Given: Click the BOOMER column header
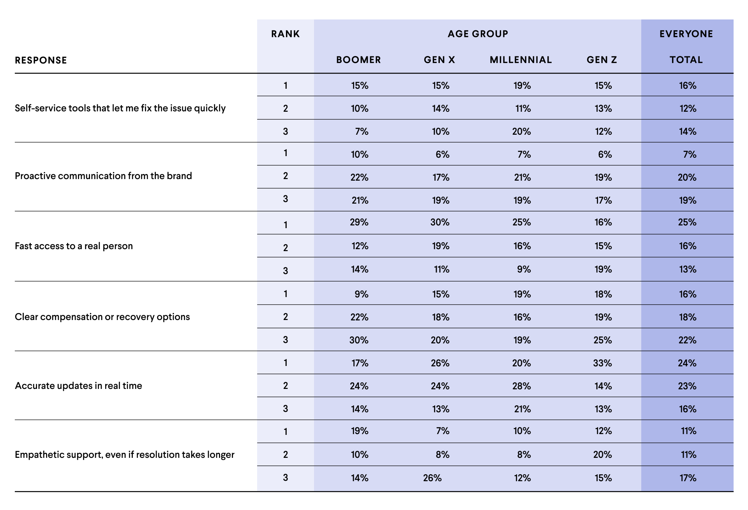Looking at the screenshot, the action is coord(358,60).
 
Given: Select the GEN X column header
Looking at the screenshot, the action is coord(439,60).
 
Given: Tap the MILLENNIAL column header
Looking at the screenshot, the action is coord(521,60).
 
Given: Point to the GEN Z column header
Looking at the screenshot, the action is coord(602,60).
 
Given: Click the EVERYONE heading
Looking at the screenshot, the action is coord(686,34).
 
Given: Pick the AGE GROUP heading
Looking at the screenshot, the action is coord(478,34).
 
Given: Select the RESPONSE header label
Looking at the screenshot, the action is coord(41,60).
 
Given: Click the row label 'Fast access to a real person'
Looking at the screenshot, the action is coord(74,246).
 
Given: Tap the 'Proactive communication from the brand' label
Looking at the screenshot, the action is coord(103,176).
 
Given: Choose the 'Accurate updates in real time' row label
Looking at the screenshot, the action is coord(78,386).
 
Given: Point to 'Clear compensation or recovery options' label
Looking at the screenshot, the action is coord(102,317).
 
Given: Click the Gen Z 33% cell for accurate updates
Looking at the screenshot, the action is coord(602,363).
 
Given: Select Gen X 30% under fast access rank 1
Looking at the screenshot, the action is coord(440,222).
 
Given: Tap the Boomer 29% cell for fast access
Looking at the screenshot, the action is coord(359,222).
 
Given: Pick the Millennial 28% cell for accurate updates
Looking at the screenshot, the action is coord(521,386).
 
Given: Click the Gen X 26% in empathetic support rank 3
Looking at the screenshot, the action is coord(432,478).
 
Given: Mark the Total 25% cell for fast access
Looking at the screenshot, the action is coord(687,222).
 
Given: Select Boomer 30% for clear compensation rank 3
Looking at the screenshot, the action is coord(359,340).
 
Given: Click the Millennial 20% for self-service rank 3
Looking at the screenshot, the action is coord(521,132).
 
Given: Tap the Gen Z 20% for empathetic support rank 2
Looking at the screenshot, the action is coord(602,455).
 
